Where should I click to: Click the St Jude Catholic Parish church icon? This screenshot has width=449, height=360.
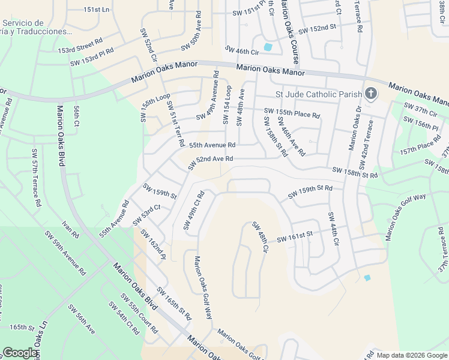point(371,94)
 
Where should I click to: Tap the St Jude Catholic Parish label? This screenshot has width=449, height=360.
point(318,94)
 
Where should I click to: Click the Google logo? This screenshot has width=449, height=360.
point(20,353)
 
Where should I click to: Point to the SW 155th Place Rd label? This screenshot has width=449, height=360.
point(292,113)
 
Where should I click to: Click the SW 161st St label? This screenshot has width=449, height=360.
point(295,238)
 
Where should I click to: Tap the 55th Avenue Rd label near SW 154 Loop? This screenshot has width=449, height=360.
point(212,145)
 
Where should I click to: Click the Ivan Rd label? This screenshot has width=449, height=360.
point(70,232)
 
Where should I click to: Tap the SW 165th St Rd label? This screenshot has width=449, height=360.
point(174,304)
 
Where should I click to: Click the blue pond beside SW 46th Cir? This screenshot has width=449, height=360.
point(268,47)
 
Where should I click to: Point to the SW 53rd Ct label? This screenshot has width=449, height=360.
point(151,211)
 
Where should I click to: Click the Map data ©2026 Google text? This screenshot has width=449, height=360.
point(412,355)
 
